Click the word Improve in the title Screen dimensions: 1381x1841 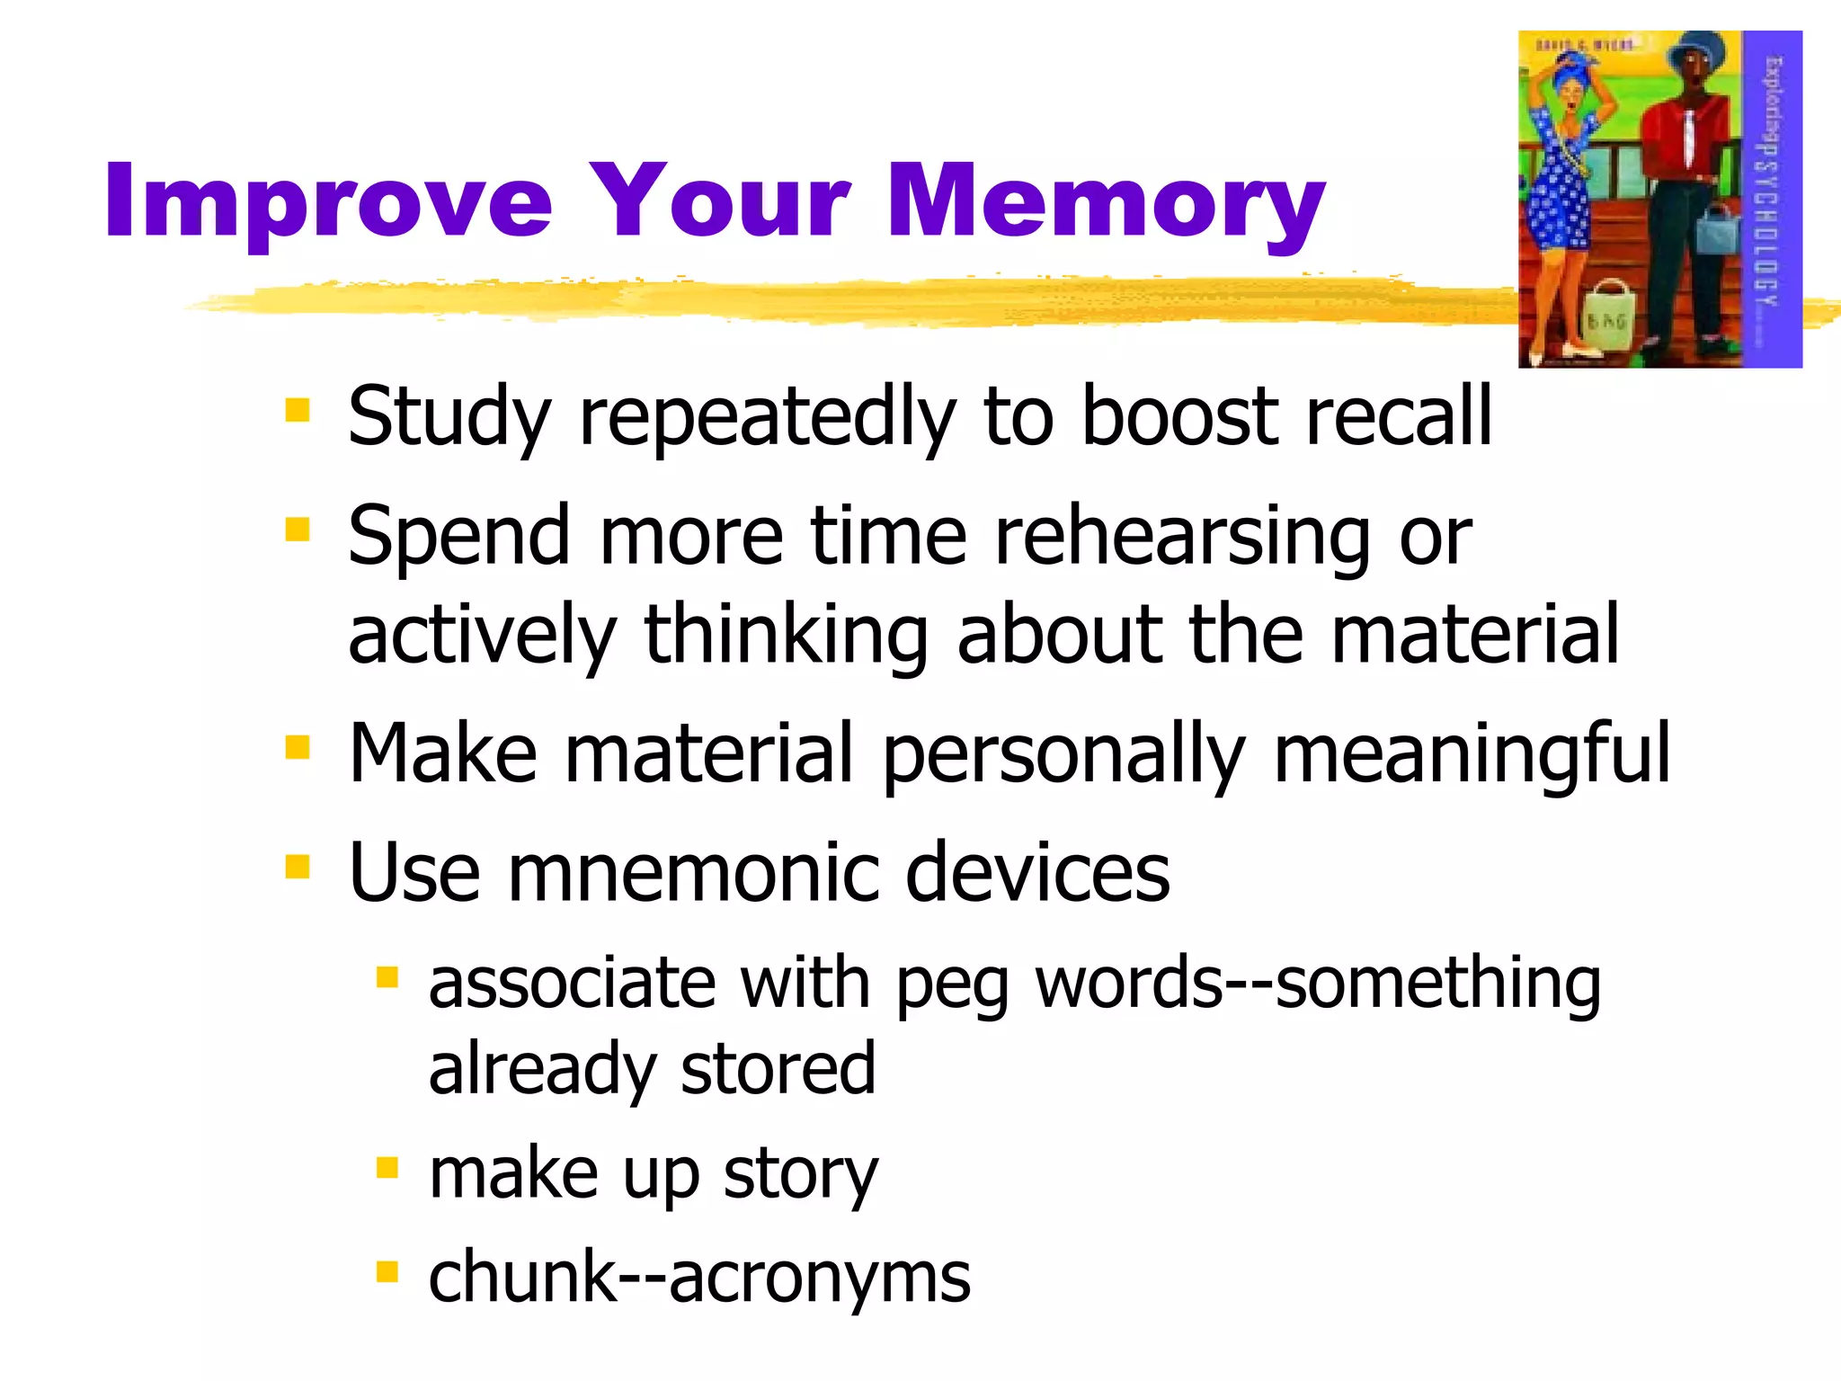[x=328, y=202]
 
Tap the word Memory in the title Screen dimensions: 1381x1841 [x=1106, y=202]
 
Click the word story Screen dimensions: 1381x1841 [x=800, y=1174]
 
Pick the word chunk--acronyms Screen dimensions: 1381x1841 [x=699, y=1277]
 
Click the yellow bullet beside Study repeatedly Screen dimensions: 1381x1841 [x=297, y=411]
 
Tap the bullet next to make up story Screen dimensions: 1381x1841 [x=387, y=1168]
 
